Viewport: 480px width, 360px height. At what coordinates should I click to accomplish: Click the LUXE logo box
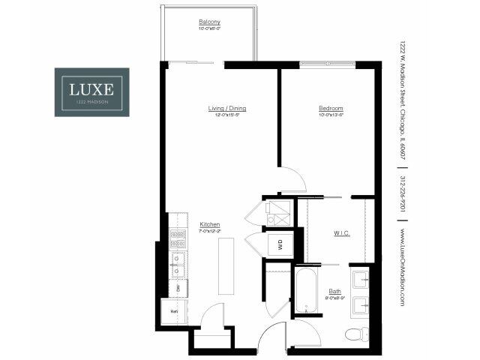[91, 92]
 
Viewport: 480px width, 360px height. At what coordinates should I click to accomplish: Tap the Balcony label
[209, 22]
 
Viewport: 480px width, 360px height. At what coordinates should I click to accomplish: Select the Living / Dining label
[226, 109]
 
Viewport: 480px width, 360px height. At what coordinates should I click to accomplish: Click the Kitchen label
[209, 224]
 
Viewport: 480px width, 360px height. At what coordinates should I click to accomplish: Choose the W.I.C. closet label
[342, 233]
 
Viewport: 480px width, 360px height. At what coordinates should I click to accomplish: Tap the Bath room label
[335, 291]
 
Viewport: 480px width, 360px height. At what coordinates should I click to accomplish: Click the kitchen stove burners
[178, 239]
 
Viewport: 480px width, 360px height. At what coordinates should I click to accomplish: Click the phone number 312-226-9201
[403, 193]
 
